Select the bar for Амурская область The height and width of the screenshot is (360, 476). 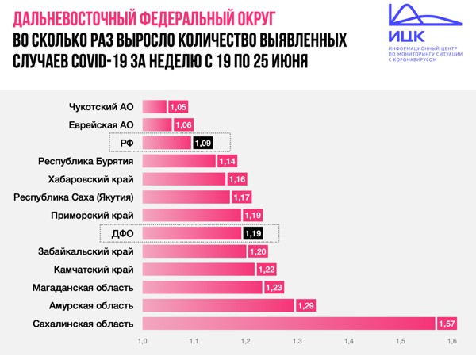coord(219,305)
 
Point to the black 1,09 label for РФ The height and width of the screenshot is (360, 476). coord(202,144)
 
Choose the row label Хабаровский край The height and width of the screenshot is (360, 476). coord(90,179)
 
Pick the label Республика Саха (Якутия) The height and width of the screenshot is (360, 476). coord(74,197)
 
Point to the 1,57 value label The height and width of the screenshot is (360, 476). coord(448,324)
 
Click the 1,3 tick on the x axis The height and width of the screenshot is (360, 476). coord(297,342)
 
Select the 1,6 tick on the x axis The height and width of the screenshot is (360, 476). coord(452,342)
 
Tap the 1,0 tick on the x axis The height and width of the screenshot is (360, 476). coord(143,342)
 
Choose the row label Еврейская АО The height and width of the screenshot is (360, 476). coord(102,125)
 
